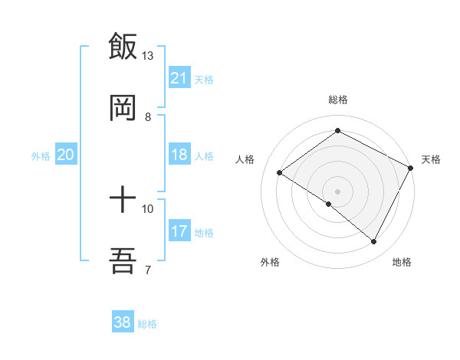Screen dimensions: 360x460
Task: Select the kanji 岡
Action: [x=123, y=107]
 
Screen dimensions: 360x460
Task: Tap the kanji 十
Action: [x=123, y=201]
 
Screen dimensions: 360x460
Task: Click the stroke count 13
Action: [x=148, y=56]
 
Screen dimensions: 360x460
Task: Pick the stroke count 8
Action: [x=148, y=117]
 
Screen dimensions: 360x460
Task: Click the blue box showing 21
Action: [x=179, y=78]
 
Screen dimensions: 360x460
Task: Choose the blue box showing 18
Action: [x=179, y=155]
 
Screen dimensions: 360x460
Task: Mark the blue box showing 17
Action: [x=179, y=231]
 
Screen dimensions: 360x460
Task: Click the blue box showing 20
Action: [x=66, y=155]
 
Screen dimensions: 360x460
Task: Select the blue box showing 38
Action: [x=123, y=322]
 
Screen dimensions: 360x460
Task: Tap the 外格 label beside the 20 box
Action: [x=41, y=156]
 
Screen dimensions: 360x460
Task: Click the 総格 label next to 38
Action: [x=147, y=324]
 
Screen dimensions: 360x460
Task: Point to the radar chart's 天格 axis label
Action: [x=431, y=159]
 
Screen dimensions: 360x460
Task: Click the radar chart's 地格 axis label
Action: [x=402, y=262]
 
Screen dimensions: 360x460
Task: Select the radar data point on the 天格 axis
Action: [x=411, y=168]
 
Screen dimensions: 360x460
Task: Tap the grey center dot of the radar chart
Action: [x=337, y=191]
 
